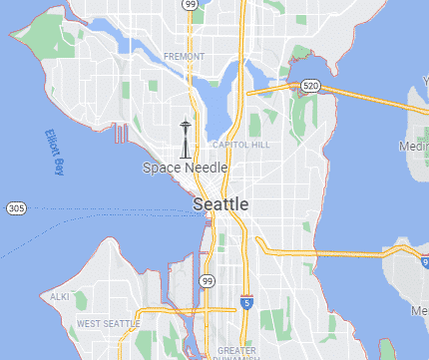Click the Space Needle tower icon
(185, 139)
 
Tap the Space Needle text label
(185, 168)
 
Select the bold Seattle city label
(220, 203)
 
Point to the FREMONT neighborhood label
(184, 57)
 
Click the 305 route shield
(15, 207)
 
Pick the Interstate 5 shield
(245, 302)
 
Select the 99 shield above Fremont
(190, 5)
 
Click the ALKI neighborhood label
(60, 297)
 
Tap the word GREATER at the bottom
(236, 350)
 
